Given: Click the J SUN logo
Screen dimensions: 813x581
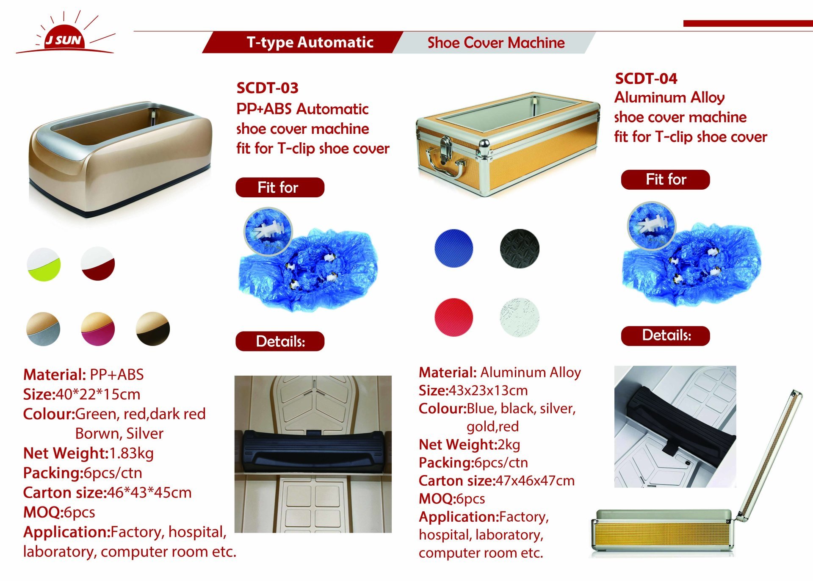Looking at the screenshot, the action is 65,33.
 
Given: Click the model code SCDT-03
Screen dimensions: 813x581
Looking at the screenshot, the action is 267,88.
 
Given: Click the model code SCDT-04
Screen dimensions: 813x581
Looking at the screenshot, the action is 646,78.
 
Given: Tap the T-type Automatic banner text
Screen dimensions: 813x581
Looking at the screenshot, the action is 310,42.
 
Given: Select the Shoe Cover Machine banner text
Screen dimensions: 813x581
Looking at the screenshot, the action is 496,43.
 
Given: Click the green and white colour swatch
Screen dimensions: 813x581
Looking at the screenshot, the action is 44,264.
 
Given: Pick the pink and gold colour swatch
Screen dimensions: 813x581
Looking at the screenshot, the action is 98,329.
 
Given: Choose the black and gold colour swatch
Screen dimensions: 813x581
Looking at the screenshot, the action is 153,329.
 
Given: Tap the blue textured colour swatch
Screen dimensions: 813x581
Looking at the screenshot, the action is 454,249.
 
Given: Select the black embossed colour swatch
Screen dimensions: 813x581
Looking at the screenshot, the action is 520,249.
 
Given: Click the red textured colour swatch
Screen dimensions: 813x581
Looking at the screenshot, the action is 454,317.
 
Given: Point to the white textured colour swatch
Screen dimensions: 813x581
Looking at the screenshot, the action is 520,317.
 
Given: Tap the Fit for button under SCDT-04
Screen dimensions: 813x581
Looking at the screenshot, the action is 665,180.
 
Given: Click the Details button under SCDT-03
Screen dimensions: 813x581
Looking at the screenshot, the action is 280,341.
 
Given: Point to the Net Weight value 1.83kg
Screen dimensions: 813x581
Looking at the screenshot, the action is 131,453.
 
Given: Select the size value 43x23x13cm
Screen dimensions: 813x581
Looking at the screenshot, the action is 488,390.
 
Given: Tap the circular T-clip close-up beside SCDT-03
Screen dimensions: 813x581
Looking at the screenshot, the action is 268,231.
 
